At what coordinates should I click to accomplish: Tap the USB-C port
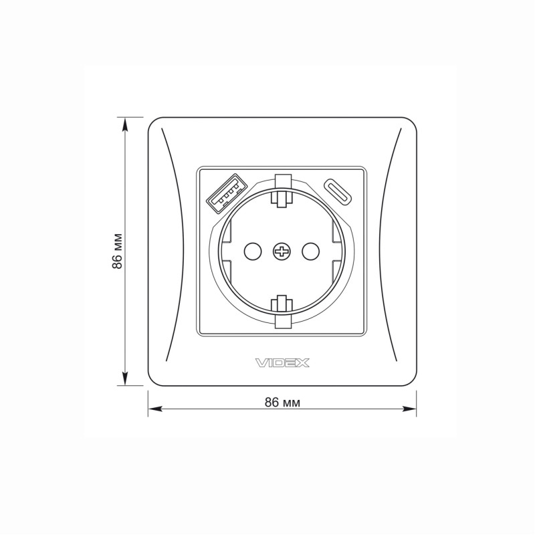pos(342,191)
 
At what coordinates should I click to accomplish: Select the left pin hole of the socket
pos(252,251)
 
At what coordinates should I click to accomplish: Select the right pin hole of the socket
pos(310,251)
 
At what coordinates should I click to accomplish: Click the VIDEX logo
pos(282,363)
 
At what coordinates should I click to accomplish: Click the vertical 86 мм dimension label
pos(118,251)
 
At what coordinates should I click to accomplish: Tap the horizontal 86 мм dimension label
pos(282,403)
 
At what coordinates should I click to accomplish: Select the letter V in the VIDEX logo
pos(261,363)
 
